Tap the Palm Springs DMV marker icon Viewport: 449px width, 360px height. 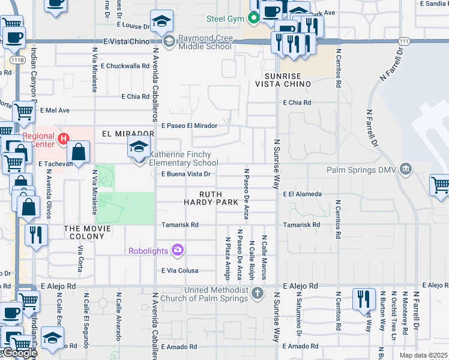point(407,169)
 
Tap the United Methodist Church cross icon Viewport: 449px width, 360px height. point(257,293)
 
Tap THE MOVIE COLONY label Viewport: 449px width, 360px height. point(88,229)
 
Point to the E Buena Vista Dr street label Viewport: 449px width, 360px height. point(186,175)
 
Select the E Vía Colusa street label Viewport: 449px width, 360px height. point(180,271)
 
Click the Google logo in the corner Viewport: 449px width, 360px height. point(19,353)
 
